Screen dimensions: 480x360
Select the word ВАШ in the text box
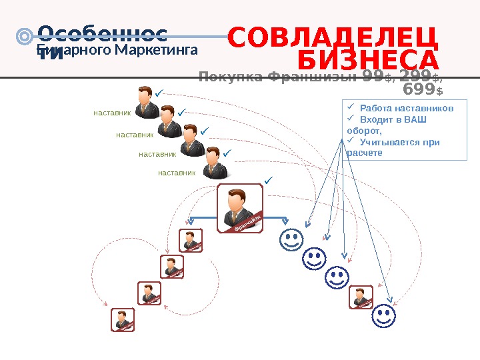click(x=417, y=119)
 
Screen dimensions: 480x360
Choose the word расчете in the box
click(x=365, y=153)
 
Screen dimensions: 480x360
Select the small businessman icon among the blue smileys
click(x=361, y=296)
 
